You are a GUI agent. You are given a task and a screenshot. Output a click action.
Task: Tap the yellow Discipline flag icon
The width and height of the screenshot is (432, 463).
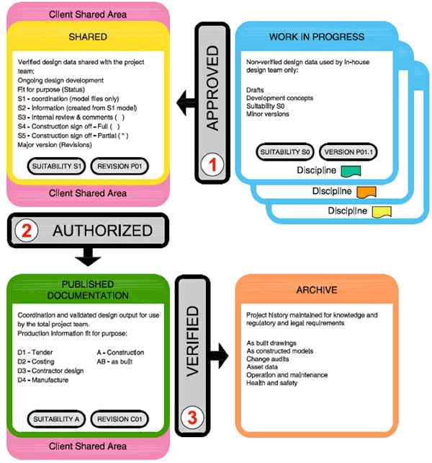click(x=379, y=211)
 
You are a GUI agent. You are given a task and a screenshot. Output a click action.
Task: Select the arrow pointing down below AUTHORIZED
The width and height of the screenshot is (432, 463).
click(x=89, y=256)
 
